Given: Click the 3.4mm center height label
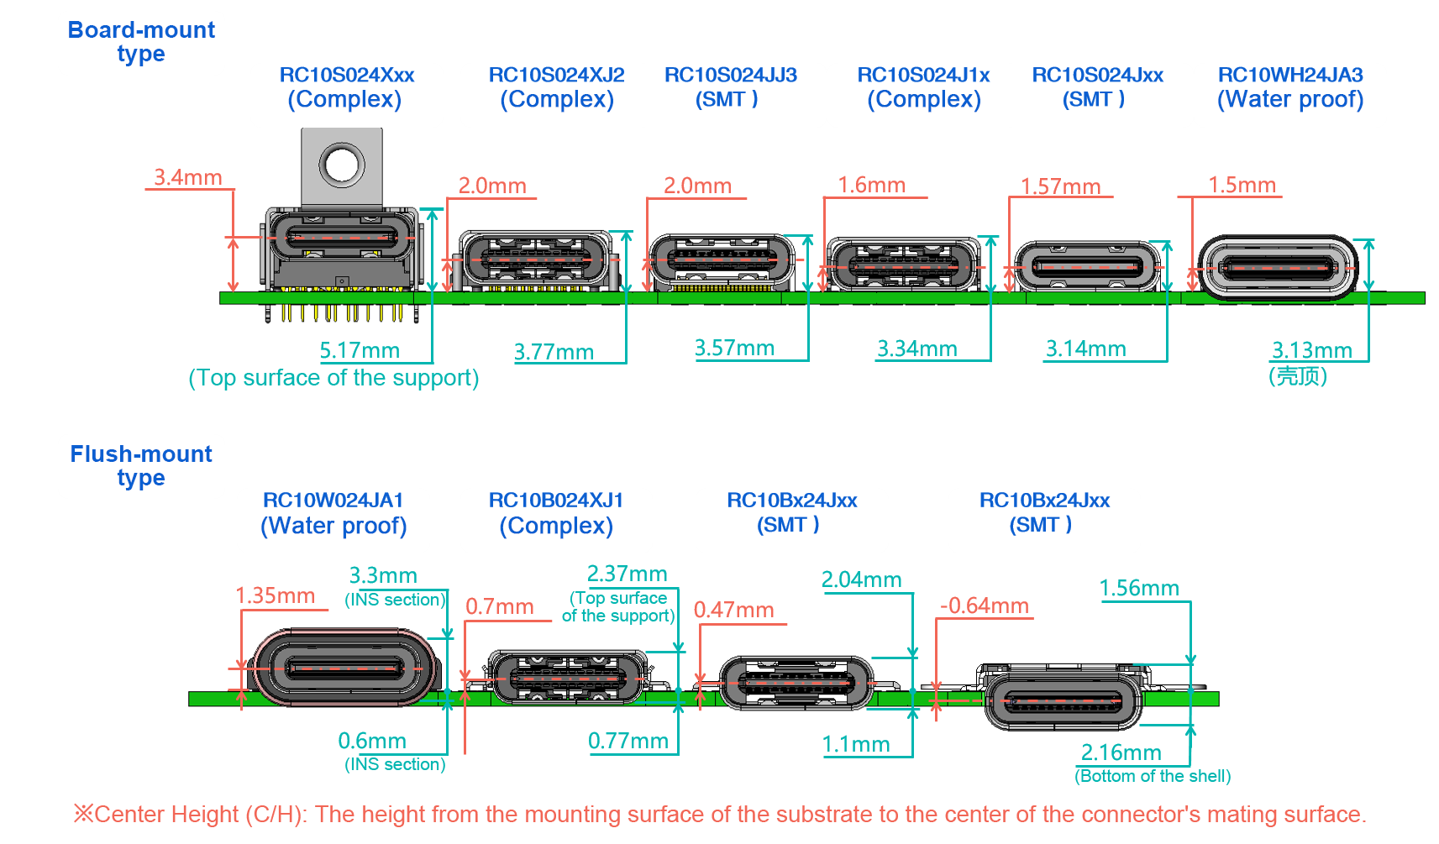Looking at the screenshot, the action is pos(187,177).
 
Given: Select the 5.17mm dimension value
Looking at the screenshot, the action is pos(360,351).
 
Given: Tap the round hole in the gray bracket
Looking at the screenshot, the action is pos(342,165).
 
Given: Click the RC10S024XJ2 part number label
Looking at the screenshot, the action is pos(556,75).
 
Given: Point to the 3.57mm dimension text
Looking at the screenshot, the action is pos(734,349).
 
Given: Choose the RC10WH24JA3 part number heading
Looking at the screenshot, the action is pos(1290,75).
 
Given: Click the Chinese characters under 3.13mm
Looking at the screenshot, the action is pos(1298,375).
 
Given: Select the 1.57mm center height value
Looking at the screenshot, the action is pos(1061,187).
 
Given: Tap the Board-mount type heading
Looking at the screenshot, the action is pos(141,42).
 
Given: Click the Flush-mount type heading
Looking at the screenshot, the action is pos(140,466).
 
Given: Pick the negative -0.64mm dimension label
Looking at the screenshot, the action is pos(985,605).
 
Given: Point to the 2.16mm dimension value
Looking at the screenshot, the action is pos(1121,752).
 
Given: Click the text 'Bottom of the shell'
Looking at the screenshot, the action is pos(1153,776).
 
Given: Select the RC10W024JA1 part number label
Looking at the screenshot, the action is pos(333,501).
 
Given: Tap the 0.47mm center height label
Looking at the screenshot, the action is pos(733,610).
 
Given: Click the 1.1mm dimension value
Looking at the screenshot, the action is pos(856,744).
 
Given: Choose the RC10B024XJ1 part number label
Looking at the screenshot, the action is pos(555,501).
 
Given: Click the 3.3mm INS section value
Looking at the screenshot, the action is pos(383,575).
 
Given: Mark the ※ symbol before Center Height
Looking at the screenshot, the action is pos(83,814).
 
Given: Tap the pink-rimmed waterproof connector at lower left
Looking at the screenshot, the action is pos(345,668).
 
